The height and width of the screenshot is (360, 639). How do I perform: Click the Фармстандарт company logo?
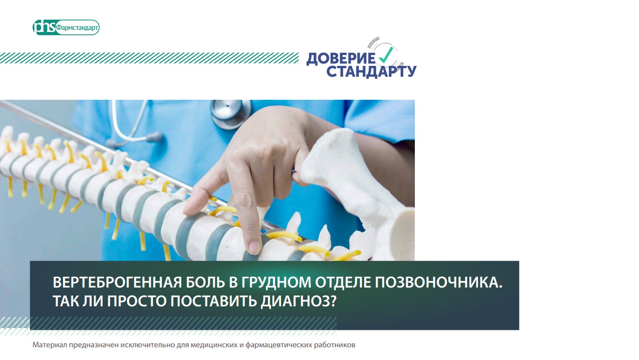tap(66, 27)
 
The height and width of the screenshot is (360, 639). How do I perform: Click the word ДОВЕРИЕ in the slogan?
tap(341, 59)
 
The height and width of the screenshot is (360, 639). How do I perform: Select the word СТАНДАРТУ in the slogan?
tap(371, 72)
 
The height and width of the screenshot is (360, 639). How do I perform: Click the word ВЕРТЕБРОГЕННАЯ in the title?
tap(117, 282)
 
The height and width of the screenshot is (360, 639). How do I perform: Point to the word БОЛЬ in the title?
tap(205, 282)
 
